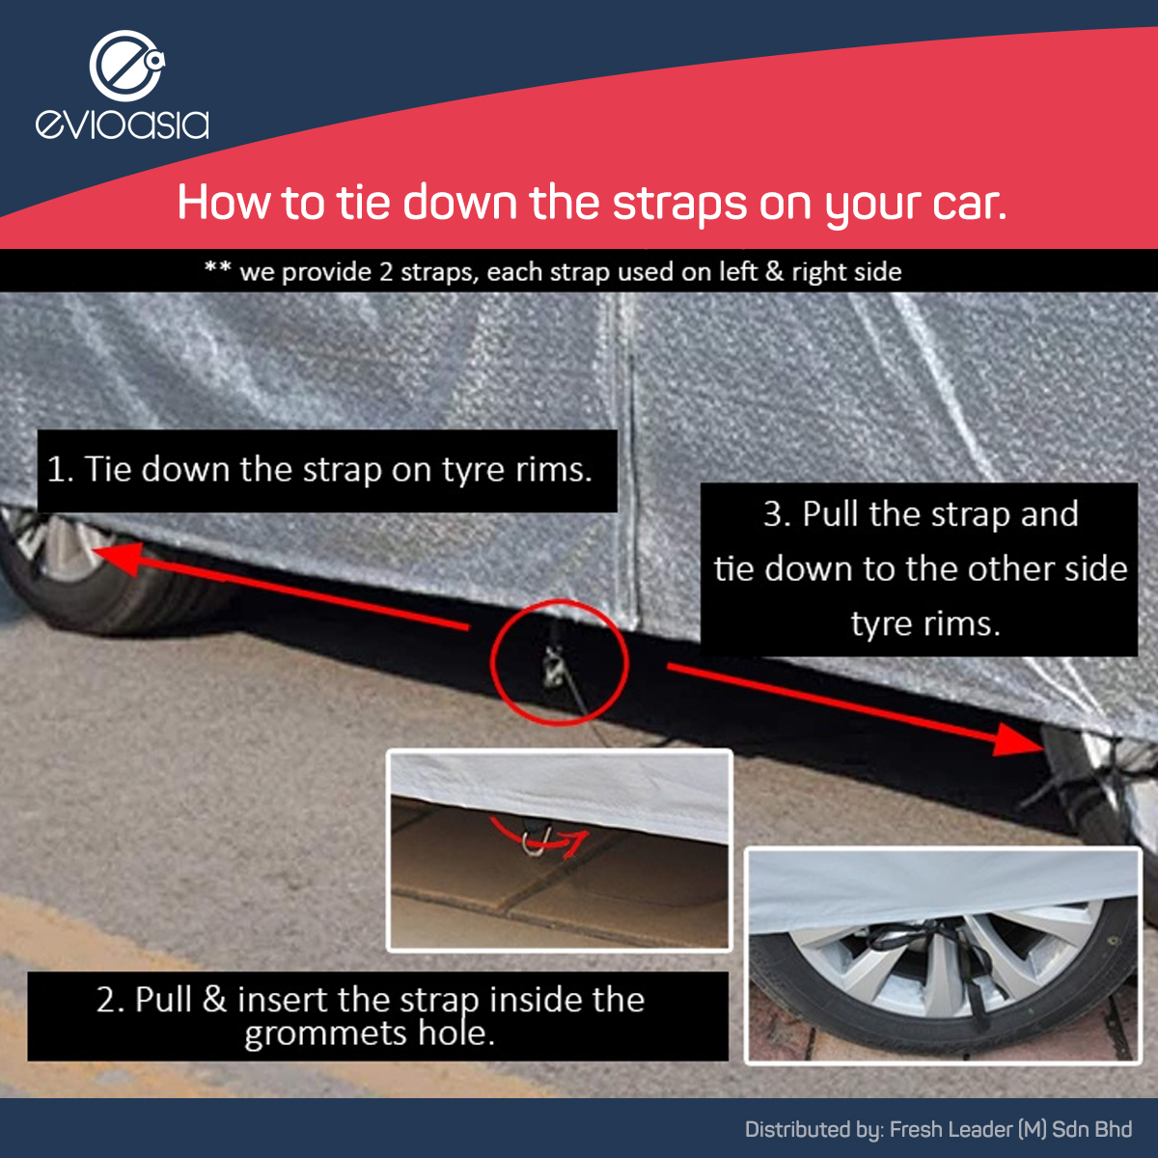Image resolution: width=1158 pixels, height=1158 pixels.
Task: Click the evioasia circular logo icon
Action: (x=126, y=66)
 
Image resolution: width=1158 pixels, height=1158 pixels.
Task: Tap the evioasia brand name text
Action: (x=123, y=124)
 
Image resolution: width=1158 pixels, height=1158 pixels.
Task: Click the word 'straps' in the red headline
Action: (x=679, y=205)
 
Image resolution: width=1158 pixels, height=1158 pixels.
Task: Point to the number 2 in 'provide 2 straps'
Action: (x=385, y=272)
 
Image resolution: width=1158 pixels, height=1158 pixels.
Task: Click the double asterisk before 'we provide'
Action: (x=217, y=266)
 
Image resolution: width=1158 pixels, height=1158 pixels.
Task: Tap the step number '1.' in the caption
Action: (x=61, y=469)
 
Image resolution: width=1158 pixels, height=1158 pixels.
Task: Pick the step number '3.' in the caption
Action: (x=777, y=514)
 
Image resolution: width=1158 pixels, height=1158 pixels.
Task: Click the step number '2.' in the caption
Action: (x=110, y=1000)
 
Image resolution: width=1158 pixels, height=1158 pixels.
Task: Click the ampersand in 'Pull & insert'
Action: (x=214, y=1000)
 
